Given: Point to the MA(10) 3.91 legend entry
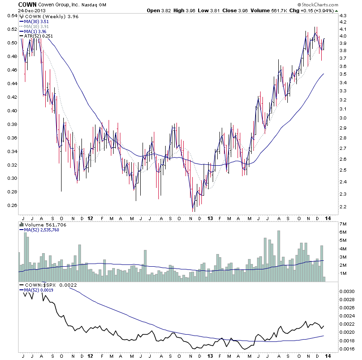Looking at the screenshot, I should [35, 26].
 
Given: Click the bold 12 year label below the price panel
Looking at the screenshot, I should [90, 218].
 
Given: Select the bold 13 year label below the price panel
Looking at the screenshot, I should [210, 218].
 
